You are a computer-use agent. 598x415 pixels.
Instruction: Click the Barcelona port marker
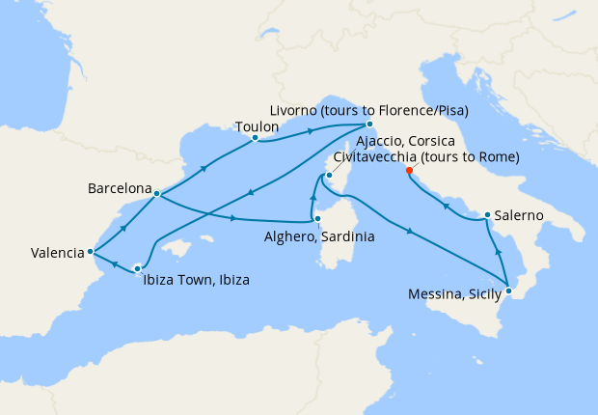(156, 194)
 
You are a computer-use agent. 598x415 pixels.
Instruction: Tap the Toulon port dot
(255, 138)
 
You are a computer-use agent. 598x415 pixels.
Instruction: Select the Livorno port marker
(369, 124)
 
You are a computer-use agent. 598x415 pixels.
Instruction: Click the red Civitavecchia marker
(410, 171)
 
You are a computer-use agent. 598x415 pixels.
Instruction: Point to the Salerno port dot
(488, 215)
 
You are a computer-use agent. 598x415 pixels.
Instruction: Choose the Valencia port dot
(90, 252)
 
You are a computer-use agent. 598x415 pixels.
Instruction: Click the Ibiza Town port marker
(138, 268)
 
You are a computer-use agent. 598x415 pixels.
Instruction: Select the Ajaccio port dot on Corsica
(329, 176)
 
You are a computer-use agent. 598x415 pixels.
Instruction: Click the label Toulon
(256, 125)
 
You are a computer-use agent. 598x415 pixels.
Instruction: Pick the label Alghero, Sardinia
(319, 235)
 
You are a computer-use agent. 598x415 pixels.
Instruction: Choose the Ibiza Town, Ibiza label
(197, 281)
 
